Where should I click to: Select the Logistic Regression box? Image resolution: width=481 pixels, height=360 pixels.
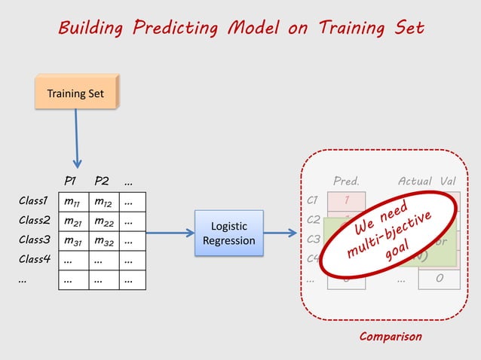click(228, 233)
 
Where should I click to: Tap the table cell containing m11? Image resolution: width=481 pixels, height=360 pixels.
click(73, 203)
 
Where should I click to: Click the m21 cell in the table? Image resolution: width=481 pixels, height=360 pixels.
click(73, 222)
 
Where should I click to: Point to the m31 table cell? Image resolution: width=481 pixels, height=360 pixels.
click(73, 241)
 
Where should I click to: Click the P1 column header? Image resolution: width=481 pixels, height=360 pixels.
click(71, 181)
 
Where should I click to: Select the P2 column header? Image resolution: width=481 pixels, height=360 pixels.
click(101, 181)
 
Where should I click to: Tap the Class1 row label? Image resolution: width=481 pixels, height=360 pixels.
click(34, 202)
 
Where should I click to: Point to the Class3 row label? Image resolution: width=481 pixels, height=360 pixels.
click(34, 240)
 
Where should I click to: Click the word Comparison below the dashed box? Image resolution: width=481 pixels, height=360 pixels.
click(390, 337)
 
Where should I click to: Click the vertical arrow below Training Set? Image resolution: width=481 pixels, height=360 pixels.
click(77, 139)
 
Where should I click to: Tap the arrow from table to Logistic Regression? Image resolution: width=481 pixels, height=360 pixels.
click(170, 233)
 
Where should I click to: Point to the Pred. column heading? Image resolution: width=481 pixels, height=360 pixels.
click(346, 182)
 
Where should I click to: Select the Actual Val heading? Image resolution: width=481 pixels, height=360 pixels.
click(427, 182)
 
